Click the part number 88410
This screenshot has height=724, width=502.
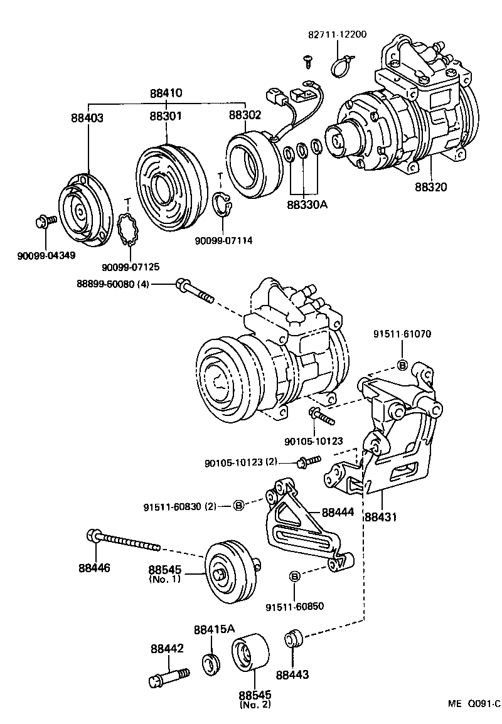click(166, 93)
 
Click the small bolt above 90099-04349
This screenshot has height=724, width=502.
click(45, 220)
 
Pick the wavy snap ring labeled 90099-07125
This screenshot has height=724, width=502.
click(130, 230)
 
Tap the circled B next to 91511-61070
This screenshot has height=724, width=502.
click(402, 365)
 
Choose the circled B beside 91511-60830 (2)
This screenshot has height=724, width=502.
click(238, 506)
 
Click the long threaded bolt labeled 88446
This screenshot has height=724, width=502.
click(125, 541)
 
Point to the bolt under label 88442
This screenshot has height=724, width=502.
click(169, 678)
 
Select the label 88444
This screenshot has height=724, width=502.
click(338, 513)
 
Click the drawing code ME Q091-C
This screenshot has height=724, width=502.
click(474, 704)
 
